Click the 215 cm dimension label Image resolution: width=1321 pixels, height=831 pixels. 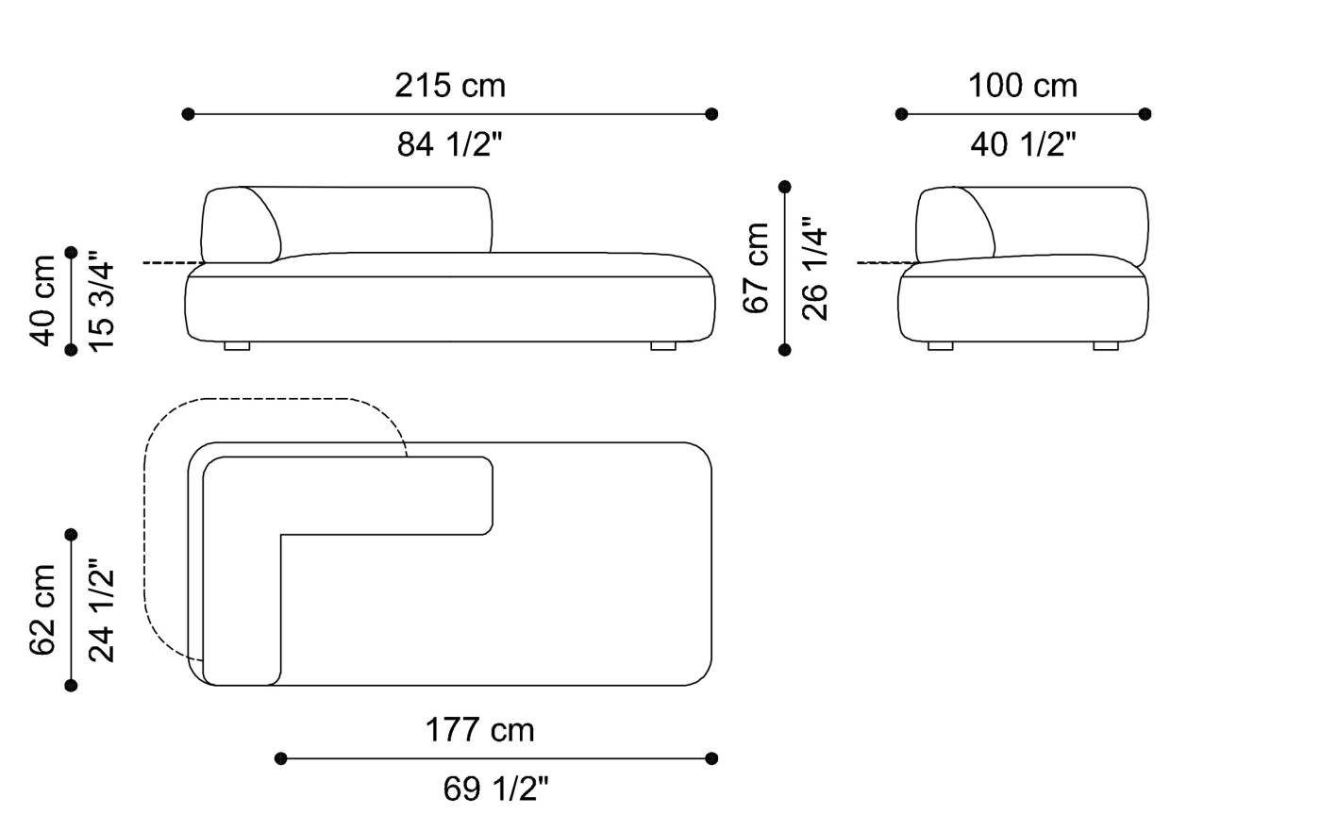tap(450, 86)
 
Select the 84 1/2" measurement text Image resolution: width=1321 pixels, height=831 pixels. tap(450, 144)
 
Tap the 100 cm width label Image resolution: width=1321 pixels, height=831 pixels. tap(1022, 86)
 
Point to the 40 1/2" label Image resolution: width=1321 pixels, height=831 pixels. tap(1023, 144)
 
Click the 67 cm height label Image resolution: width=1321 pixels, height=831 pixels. tap(757, 268)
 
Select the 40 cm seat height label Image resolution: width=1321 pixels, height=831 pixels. tap(43, 301)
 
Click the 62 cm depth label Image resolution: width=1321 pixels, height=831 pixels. tap(43, 609)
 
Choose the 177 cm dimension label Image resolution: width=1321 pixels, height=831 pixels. tap(479, 730)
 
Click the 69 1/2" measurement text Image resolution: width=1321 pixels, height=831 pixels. tap(495, 789)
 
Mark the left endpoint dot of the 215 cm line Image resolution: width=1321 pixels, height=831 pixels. tap(188, 114)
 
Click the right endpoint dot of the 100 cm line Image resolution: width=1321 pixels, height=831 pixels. tap(1145, 114)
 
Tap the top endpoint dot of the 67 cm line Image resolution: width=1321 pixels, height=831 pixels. tap(785, 187)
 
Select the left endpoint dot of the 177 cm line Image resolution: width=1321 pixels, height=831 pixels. tap(280, 758)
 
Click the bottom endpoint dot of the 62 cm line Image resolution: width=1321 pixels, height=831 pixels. tap(71, 685)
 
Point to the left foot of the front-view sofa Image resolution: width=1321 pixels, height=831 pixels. tap(237, 346)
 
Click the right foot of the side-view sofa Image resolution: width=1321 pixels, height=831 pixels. tap(1105, 346)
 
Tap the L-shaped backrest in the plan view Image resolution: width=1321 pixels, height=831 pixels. tap(242, 566)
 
